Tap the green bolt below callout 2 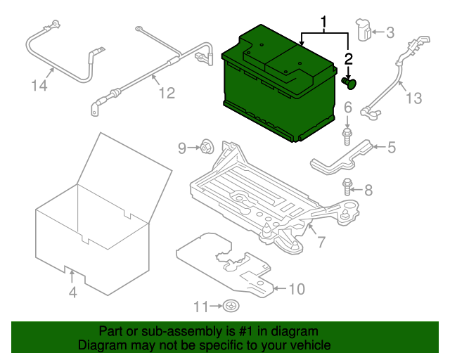click(x=349, y=83)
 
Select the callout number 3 click(x=390, y=32)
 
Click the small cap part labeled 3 click(x=363, y=30)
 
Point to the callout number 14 click(x=39, y=86)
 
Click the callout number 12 click(x=167, y=93)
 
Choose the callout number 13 click(x=414, y=98)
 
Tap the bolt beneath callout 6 click(x=347, y=136)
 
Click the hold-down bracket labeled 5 click(x=342, y=158)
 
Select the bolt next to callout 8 click(x=347, y=187)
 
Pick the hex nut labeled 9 click(x=207, y=147)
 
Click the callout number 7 click(x=321, y=241)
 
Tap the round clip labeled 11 click(x=231, y=306)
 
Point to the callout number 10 click(x=297, y=289)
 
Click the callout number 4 click(x=73, y=292)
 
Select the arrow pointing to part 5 click(x=379, y=147)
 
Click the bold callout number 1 click(x=323, y=22)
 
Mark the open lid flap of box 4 click(x=125, y=178)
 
